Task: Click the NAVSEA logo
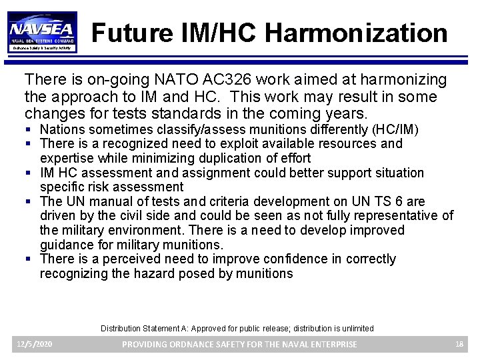[x=43, y=31]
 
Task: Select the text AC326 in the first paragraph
[x=232, y=80]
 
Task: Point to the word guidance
[x=66, y=245]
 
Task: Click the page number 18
[x=459, y=344]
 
